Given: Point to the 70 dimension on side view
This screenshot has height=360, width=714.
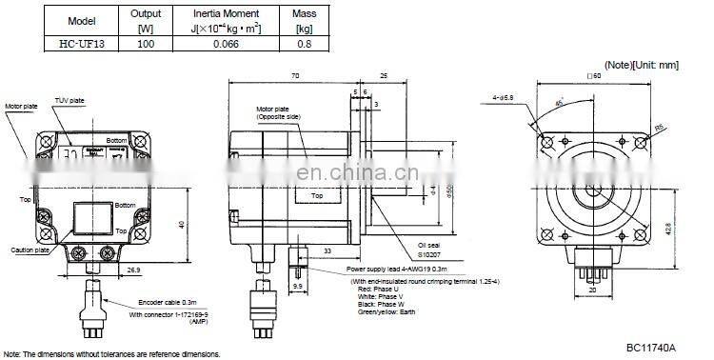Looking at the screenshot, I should tap(295, 74).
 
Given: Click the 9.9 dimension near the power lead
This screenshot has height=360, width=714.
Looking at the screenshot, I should tap(297, 285).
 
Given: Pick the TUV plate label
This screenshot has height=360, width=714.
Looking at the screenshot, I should tap(68, 99).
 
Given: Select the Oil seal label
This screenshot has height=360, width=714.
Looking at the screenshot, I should tap(430, 244).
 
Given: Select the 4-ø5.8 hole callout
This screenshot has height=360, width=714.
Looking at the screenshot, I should tap(506, 96).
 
